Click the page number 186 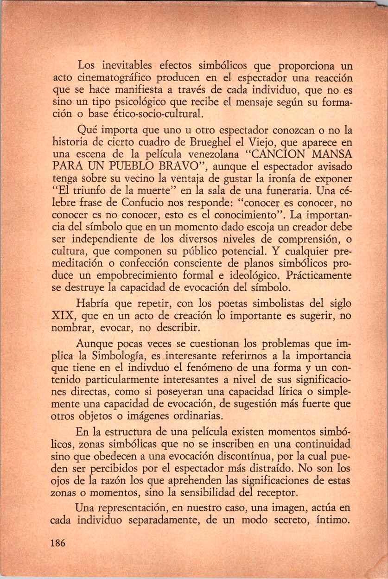pos(58,543)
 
